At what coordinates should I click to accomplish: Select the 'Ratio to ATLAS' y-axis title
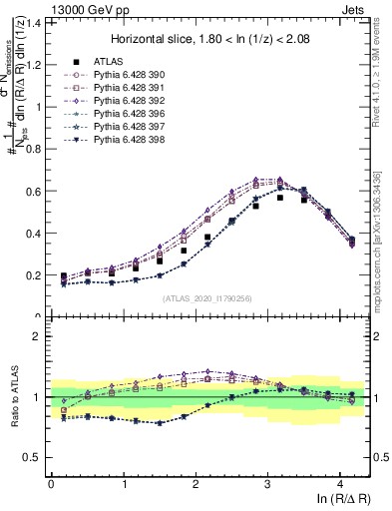point(13,397)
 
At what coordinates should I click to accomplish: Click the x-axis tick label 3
point(268,482)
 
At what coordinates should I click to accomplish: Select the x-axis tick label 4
point(341,482)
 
